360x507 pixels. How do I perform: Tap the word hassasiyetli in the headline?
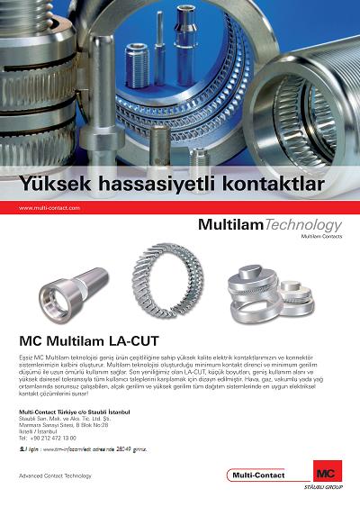159,186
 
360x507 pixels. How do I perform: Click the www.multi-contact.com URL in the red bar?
49,208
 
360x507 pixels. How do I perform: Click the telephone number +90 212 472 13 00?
53,438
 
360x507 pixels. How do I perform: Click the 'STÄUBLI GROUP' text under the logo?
324,488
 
